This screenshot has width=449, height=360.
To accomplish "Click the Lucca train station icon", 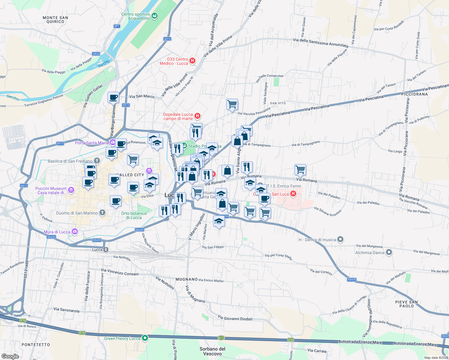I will click(x=106, y=250).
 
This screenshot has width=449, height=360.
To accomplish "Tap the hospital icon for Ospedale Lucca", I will click(x=197, y=116).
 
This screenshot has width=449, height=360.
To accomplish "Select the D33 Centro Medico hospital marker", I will click(x=192, y=61).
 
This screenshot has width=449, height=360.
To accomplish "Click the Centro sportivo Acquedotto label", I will click(x=136, y=16).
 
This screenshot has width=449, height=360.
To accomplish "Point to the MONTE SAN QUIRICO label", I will click(x=55, y=19).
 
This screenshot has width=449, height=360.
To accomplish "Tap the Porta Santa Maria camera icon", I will click(x=112, y=142).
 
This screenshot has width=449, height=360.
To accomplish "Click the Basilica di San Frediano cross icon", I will click(x=97, y=161).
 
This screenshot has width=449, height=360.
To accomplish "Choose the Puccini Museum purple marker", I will click(x=71, y=190).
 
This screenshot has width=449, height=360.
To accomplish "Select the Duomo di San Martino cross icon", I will click(x=102, y=213).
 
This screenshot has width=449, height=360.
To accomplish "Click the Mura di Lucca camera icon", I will click(x=74, y=231).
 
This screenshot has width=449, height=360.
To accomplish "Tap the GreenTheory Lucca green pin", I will click(x=145, y=338).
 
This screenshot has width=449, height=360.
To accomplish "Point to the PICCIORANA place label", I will click(x=414, y=94).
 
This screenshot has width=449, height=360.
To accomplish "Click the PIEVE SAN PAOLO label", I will click(x=406, y=304).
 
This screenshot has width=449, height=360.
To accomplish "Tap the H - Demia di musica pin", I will click(x=340, y=239).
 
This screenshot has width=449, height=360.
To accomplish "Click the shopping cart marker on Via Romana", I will click(x=300, y=169).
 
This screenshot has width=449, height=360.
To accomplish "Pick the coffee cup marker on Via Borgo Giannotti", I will click(x=113, y=97).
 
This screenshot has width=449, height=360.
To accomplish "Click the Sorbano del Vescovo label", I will click(x=212, y=351).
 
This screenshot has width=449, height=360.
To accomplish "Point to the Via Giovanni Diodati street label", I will click(x=235, y=318).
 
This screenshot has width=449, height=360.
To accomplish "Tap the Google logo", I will click(x=10, y=356).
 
